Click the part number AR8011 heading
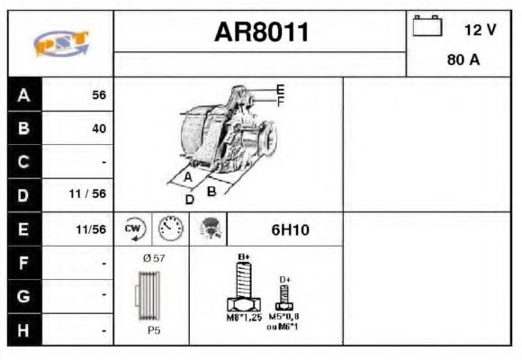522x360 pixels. point(261,33)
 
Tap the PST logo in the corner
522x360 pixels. point(61,43)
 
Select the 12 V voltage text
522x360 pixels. point(480,30)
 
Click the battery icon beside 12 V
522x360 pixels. point(427,27)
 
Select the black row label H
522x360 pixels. point(24,331)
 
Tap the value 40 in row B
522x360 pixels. point(99,129)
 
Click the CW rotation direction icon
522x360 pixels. point(134,229)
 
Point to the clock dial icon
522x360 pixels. point(170,229)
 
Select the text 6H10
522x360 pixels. point(290,229)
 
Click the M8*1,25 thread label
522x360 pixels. point(242,317)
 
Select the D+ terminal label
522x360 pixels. point(285,279)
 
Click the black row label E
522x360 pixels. point(24,229)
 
